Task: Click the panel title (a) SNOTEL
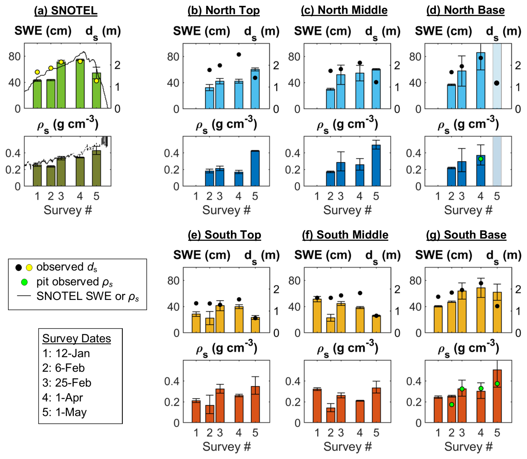66,11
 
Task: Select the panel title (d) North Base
465,10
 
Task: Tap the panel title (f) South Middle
345,235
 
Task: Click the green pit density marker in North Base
480,159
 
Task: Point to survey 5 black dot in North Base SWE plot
497,83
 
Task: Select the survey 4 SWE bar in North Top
239,95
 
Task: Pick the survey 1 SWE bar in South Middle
317,316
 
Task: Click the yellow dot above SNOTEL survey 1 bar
37,72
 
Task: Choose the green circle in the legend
25,282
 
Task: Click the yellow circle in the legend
29,268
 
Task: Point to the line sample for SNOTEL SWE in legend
24,296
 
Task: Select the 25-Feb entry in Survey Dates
67,383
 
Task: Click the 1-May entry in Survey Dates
65,412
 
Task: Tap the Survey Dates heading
77,338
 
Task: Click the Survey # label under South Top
226,446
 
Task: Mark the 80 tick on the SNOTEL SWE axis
14,57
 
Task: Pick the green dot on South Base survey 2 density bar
452,404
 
